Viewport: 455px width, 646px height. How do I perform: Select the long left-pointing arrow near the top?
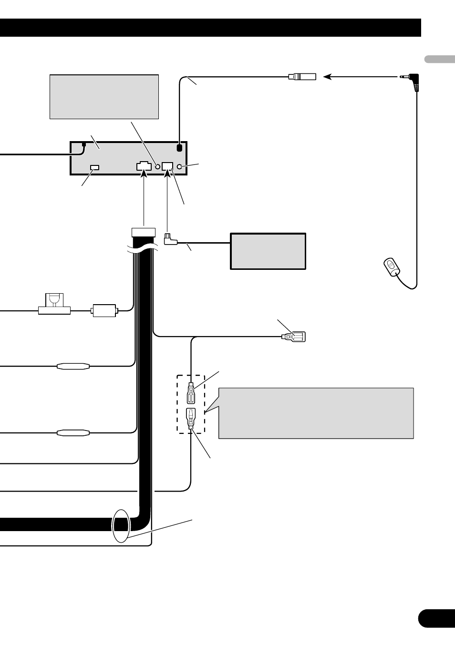coord(361,76)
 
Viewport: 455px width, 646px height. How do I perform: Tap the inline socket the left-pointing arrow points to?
coord(302,76)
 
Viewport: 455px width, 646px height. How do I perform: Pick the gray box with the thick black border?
coord(268,251)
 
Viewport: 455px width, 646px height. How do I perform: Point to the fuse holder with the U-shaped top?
coord(54,304)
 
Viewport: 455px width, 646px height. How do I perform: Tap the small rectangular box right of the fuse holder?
coord(104,311)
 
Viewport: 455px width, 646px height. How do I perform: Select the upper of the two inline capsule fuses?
coord(73,367)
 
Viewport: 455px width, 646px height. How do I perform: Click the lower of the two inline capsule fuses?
coord(73,433)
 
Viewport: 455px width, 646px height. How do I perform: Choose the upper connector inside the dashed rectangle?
coord(191,394)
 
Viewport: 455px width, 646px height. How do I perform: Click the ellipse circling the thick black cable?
coord(120,525)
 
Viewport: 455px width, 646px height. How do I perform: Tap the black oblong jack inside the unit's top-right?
coord(179,148)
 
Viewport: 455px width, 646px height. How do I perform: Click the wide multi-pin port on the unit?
coord(144,166)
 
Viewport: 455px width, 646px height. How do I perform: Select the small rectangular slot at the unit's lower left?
coord(94,167)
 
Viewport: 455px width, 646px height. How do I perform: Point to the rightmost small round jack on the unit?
coord(180,166)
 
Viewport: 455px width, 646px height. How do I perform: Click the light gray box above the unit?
coord(104,96)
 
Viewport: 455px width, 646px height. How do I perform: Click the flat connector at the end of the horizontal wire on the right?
coord(295,337)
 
